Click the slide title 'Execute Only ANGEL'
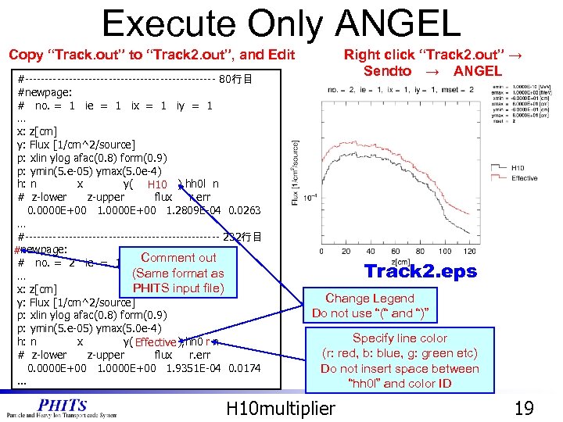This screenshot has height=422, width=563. pyautogui.click(x=281, y=23)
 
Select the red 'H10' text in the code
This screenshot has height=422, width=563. pyautogui.click(x=157, y=184)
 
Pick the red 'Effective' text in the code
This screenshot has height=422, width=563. pyautogui.click(x=155, y=342)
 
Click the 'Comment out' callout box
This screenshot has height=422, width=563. pyautogui.click(x=178, y=274)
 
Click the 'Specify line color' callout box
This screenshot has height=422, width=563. pyautogui.click(x=400, y=361)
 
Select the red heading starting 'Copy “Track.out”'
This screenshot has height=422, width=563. pyautogui.click(x=151, y=54)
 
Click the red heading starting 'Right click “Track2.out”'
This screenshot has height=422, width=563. pyautogui.click(x=432, y=62)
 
